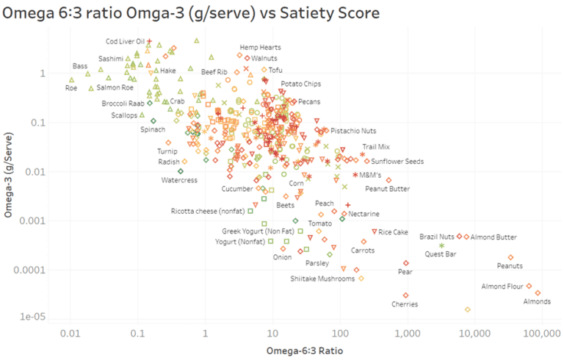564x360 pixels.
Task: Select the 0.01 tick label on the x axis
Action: [70, 333]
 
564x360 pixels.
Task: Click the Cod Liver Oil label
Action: [126, 42]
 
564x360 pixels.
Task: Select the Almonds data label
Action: [536, 302]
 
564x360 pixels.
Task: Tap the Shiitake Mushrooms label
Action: [322, 278]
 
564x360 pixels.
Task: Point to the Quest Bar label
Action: [441, 253]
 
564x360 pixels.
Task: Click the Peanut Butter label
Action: [387, 189]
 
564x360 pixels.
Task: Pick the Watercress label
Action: [178, 180]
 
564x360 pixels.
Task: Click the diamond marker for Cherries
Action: [406, 295]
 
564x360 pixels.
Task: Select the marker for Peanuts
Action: [510, 257]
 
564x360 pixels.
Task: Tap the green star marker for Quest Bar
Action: [441, 245]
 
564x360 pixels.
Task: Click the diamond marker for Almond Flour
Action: [529, 286]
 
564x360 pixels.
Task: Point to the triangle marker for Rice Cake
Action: [375, 231]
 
